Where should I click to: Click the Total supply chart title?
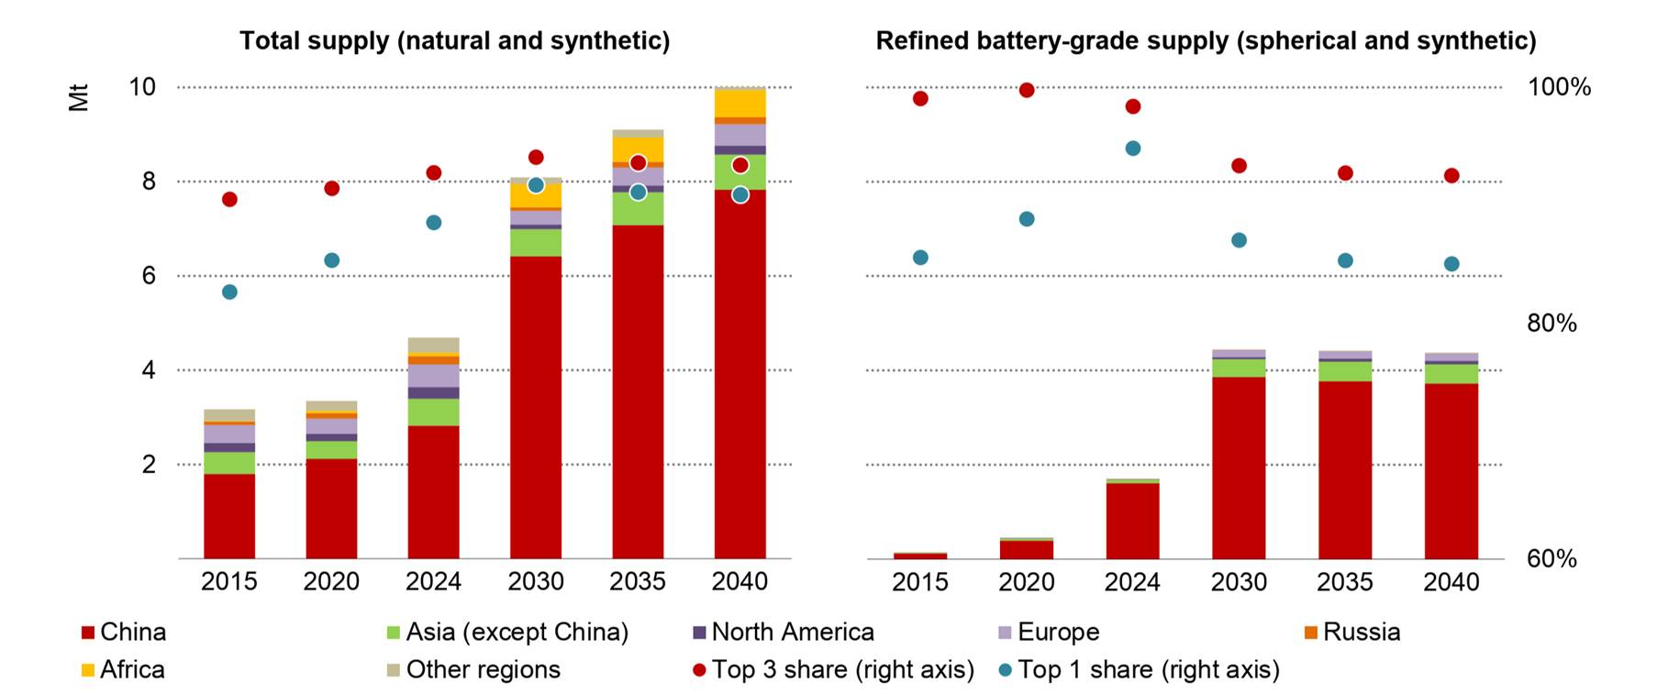(454, 41)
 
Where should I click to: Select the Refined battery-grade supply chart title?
(1206, 41)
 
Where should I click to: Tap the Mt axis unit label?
(79, 97)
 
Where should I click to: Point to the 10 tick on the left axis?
(142, 87)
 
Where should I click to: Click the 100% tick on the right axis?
(1558, 87)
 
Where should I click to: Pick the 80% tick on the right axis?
(1551, 323)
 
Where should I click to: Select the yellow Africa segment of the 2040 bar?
(740, 104)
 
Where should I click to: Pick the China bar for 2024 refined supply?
(1132, 521)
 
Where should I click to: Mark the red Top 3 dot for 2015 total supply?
(229, 199)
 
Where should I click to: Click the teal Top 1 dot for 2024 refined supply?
(1132, 149)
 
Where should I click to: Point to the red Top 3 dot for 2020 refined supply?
(1027, 90)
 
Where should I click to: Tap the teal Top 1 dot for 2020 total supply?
(332, 260)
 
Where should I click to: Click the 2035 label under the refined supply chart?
(1345, 582)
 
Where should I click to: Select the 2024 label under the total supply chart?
(434, 582)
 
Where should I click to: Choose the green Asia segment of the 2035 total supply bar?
(638, 209)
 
